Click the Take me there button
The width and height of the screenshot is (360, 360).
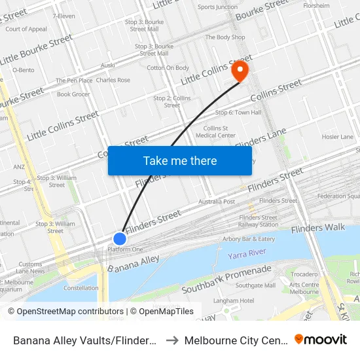coord(180,160)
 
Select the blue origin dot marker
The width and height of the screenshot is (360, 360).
coord(120,239)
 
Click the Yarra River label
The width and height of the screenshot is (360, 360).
coord(247,253)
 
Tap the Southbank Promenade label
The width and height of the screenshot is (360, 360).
coord(226,279)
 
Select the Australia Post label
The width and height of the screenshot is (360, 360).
coord(217,202)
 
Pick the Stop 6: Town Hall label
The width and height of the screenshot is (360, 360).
coord(238,113)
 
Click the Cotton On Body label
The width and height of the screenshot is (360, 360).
coord(168,67)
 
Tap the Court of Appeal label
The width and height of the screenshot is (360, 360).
coord(26,29)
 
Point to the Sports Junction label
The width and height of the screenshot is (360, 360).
coord(218,7)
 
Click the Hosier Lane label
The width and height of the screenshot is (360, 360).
coord(337,137)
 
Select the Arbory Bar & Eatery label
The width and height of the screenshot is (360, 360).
coord(249,239)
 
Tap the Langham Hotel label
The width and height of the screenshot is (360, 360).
coord(238,300)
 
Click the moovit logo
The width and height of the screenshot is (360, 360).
coord(321,340)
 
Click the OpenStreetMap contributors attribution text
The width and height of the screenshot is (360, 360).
coord(65,312)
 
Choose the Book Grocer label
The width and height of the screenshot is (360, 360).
coord(73,94)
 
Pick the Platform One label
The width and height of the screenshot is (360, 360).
coord(125,249)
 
